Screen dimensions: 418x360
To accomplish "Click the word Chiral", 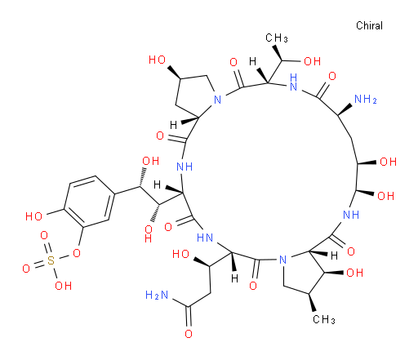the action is (x=369, y=25).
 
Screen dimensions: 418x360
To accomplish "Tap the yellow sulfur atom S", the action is (x=51, y=260).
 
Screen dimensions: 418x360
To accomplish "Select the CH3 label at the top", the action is (x=277, y=38).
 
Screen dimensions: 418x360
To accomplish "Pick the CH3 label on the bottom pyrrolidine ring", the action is (x=324, y=319).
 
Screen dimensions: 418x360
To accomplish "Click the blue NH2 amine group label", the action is (x=366, y=99).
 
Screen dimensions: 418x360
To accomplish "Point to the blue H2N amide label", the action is (x=157, y=295).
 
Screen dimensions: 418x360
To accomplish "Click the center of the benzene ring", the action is (x=89, y=202).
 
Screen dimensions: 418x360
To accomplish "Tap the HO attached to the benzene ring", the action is (x=33, y=216).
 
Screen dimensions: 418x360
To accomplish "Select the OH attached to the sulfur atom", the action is (x=64, y=286).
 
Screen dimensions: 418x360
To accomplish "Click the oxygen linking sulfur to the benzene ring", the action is (x=77, y=253).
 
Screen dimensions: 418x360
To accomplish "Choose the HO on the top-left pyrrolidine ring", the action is (x=158, y=60).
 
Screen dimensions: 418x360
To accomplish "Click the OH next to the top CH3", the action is (x=312, y=61).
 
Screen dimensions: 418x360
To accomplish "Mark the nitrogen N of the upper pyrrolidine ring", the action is (x=217, y=100).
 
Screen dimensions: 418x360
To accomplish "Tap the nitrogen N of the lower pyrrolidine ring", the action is (x=283, y=260).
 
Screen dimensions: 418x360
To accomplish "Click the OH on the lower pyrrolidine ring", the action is (x=354, y=273).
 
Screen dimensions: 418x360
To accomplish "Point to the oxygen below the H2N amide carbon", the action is (x=189, y=334).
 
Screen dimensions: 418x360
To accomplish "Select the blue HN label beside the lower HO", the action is (x=205, y=238).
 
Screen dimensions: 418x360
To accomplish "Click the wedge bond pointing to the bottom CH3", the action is (x=312, y=302).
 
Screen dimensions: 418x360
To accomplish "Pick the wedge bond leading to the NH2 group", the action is (x=345, y=109).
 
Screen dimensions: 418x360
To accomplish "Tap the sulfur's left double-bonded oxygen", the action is (x=26, y=269).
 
